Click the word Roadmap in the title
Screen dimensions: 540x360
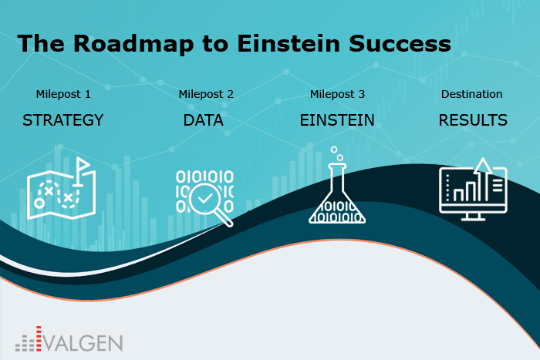point(133,44)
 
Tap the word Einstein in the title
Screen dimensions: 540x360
point(289,44)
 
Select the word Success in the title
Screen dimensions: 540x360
point(400,44)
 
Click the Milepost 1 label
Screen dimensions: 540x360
point(63,94)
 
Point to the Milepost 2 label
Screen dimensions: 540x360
point(206,94)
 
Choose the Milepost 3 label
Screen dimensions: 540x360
point(337,94)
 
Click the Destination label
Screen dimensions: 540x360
point(471,94)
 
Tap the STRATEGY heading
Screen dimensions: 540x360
point(63,120)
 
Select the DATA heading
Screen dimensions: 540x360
point(203,120)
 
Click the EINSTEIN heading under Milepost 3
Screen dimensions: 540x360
point(337,120)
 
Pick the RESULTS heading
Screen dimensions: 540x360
point(473,120)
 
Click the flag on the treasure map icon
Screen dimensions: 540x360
point(82,164)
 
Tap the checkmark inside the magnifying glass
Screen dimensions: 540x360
point(205,198)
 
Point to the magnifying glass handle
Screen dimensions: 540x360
point(225,219)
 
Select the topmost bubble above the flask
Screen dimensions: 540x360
point(334,150)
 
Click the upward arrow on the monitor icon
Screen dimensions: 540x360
point(483,178)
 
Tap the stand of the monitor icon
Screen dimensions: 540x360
point(473,217)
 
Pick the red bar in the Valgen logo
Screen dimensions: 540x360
point(39,338)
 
